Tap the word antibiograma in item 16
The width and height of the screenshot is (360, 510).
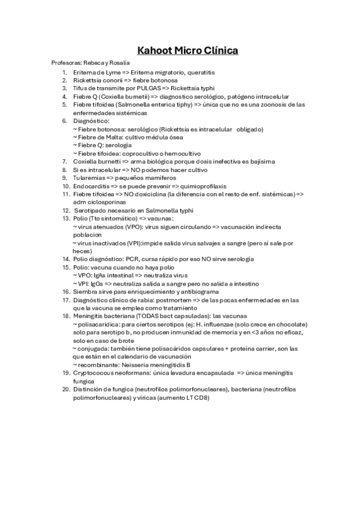pos(194,292)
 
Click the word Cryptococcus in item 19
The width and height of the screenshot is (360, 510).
pos(94,373)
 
